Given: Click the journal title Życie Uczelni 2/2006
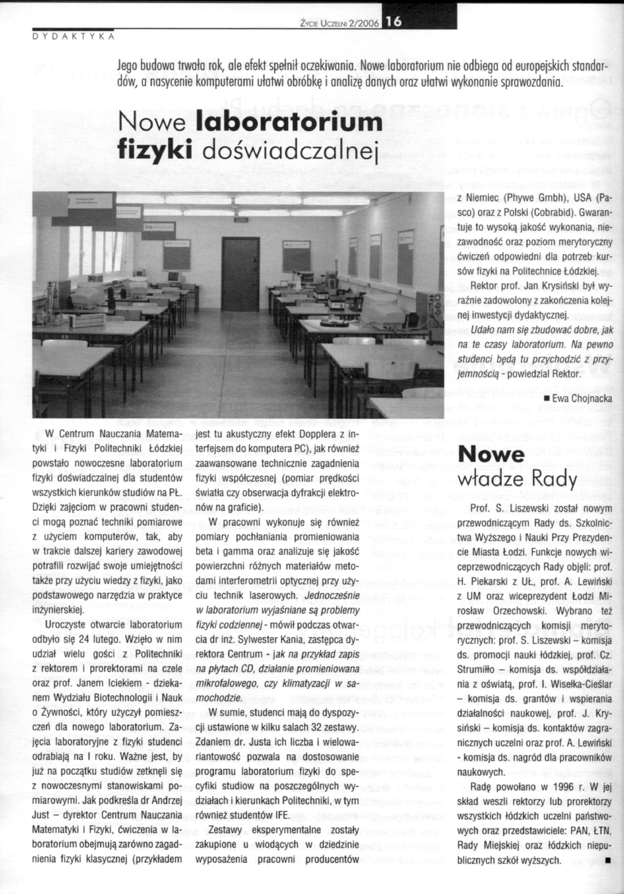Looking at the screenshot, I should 339,23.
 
